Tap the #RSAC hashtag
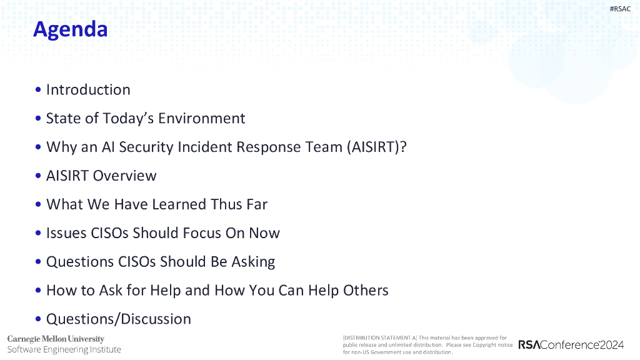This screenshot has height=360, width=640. (620, 9)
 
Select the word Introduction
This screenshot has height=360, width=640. (88, 90)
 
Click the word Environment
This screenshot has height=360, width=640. (202, 118)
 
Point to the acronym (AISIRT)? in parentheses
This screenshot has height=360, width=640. (377, 147)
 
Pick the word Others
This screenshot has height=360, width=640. (366, 290)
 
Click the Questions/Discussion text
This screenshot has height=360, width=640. (118, 319)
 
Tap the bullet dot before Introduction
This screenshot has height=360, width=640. (38, 90)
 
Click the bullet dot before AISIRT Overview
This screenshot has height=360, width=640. (38, 176)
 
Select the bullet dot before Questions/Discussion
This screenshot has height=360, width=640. (38, 319)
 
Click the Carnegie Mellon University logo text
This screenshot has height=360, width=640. (56, 339)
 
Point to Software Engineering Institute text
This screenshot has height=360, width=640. (64, 350)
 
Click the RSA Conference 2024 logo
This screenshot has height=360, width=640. (571, 345)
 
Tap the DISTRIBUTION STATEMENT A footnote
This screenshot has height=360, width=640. (427, 345)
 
